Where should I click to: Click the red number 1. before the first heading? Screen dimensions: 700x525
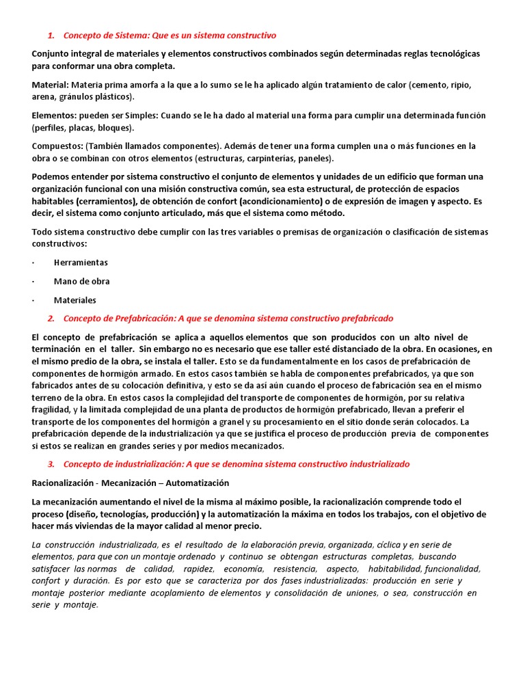pyautogui.click(x=51, y=35)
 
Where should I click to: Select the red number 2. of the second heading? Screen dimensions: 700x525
pyautogui.click(x=51, y=319)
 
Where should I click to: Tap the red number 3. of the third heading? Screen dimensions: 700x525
pyautogui.click(x=51, y=464)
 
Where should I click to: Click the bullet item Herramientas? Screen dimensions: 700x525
pyautogui.click(x=81, y=262)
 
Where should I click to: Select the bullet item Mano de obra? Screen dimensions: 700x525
pyautogui.click(x=81, y=281)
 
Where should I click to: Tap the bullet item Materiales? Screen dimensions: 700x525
pyautogui.click(x=75, y=300)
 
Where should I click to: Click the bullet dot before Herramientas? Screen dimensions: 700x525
pyautogui.click(x=33, y=262)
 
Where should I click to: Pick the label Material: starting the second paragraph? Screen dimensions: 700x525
pyautogui.click(x=51, y=85)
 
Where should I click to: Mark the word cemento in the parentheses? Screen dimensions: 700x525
pyautogui.click(x=428, y=85)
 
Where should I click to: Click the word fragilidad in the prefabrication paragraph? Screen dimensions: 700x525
pyautogui.click(x=51, y=409)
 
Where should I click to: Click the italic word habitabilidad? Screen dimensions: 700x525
pyautogui.click(x=393, y=569)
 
